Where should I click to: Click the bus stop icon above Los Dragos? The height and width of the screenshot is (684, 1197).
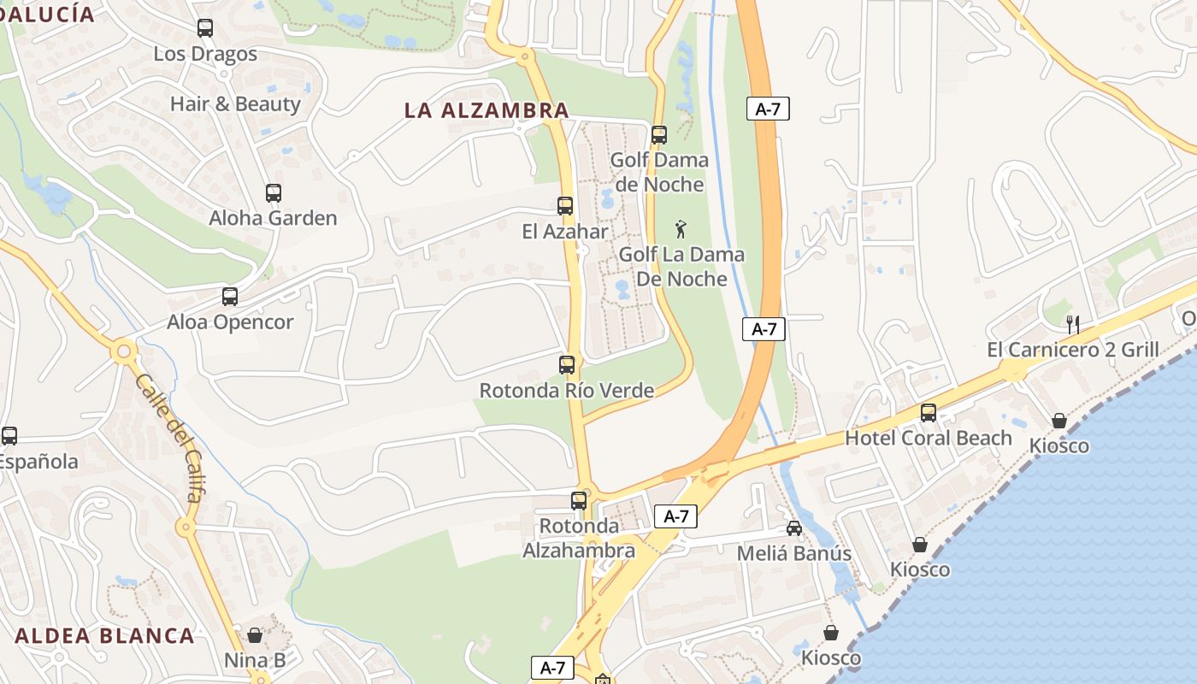click(x=205, y=28)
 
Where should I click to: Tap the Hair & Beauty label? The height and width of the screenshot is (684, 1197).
click(x=235, y=104)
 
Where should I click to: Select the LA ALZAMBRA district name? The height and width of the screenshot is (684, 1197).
click(x=486, y=110)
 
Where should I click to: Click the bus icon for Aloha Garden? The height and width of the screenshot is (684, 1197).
click(x=274, y=193)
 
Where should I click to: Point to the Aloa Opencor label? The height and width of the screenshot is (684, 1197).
click(x=230, y=322)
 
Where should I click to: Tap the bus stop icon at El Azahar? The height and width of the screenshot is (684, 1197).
click(x=565, y=206)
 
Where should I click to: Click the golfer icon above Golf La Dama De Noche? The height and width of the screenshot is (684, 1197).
click(x=681, y=229)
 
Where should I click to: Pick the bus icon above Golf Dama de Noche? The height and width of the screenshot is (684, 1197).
click(x=659, y=135)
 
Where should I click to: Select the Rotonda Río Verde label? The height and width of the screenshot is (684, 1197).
click(x=567, y=391)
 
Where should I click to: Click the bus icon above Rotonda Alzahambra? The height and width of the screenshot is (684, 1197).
click(x=580, y=501)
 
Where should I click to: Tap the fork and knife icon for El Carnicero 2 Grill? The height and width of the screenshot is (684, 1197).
click(x=1073, y=324)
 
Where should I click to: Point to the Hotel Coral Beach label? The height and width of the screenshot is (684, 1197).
click(x=929, y=438)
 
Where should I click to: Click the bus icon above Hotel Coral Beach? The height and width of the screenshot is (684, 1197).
click(x=929, y=413)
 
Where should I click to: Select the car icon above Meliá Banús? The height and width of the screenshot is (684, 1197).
click(x=794, y=528)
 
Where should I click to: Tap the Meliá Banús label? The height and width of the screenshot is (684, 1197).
click(x=794, y=553)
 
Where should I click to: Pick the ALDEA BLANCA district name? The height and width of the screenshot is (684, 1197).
click(x=105, y=636)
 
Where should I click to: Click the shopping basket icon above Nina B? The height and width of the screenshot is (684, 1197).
click(x=255, y=635)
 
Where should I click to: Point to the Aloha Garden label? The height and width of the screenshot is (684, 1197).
click(x=274, y=218)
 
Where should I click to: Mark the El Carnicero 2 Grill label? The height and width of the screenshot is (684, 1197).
click(x=1073, y=350)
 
